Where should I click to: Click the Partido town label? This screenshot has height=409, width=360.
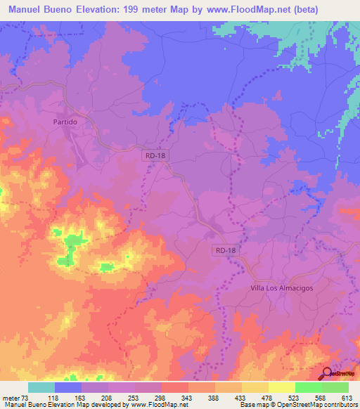click(x=64, y=122)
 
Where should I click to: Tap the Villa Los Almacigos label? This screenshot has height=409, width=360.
click(x=282, y=289)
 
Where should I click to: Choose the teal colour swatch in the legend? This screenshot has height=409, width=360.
click(x=41, y=387)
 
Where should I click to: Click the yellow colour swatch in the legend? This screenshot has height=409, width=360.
click(x=282, y=387)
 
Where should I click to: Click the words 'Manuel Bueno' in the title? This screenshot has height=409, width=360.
click(x=39, y=10)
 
